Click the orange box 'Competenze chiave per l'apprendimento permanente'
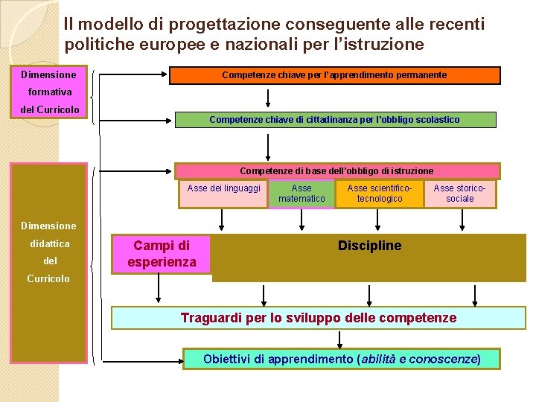tap(335, 75)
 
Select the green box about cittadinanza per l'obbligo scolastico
tap(335, 120)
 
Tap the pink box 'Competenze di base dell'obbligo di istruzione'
tap(336, 171)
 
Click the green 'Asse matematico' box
tap(301, 194)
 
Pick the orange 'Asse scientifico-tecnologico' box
tap(380, 194)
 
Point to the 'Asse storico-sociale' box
tap(459, 194)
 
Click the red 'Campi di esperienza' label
tap(162, 253)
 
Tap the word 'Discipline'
tap(369, 246)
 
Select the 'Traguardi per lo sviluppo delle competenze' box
tap(319, 319)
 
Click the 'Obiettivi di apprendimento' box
tap(342, 359)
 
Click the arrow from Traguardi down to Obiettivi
tap(340, 339)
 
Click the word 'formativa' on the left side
tap(50, 92)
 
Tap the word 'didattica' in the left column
tap(50, 243)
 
